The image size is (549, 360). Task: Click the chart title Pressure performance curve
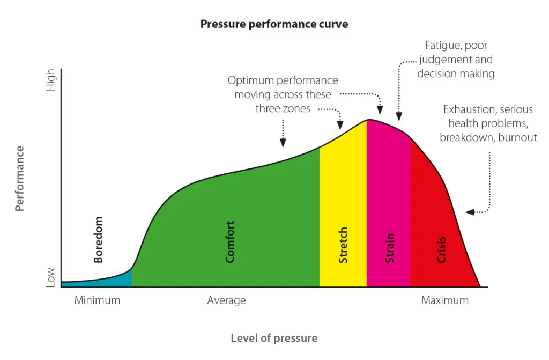coord(274,24)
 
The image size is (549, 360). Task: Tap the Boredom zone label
coord(98,239)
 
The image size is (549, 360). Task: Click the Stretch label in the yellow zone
coord(343,245)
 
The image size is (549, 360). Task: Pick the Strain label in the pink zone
coord(390,247)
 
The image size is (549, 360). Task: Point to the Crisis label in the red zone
coord(441,250)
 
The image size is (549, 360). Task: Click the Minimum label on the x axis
coord(97,300)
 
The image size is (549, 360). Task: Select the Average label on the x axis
coord(226,300)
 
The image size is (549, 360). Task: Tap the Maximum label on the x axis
coord(444,300)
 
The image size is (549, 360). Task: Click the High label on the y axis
coord(51,79)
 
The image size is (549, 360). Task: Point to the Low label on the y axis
coord(51,278)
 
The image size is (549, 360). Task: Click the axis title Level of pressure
coord(274,339)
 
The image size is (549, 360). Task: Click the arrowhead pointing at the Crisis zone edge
coord(469,212)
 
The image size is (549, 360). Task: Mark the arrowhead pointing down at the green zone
coord(283,143)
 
